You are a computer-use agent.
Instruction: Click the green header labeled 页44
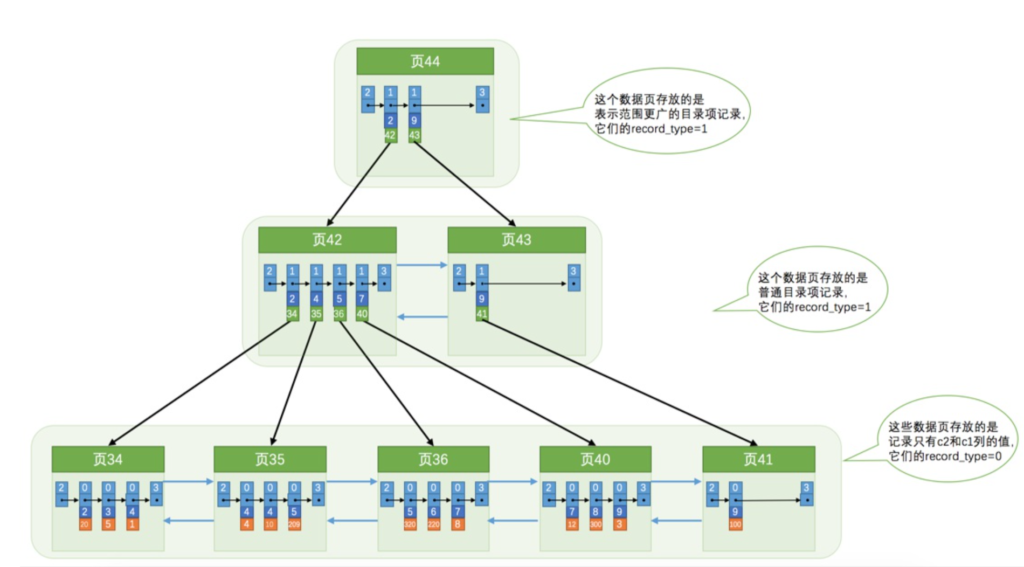[425, 61]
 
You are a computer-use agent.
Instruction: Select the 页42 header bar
[327, 240]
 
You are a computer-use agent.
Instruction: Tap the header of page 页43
[516, 240]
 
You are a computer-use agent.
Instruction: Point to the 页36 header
[433, 459]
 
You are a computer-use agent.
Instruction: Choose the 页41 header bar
[758, 459]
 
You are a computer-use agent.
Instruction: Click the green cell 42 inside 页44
[390, 135]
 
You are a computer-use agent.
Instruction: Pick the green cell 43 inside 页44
[414, 135]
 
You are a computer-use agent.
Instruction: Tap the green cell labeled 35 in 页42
[316, 314]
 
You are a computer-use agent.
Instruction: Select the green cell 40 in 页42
[362, 314]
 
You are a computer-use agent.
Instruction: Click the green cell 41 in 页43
[481, 314]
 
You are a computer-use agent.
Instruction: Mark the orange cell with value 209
[294, 524]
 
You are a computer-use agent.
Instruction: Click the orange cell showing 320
[410, 524]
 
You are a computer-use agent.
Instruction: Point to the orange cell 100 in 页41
[735, 524]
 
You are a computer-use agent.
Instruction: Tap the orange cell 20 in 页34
[85, 524]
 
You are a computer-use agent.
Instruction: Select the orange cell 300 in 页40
[596, 524]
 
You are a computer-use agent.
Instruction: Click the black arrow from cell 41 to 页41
[620, 383]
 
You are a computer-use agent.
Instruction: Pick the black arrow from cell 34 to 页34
[199, 383]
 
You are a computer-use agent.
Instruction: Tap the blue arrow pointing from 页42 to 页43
[422, 265]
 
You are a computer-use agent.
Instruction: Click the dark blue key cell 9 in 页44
[414, 121]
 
